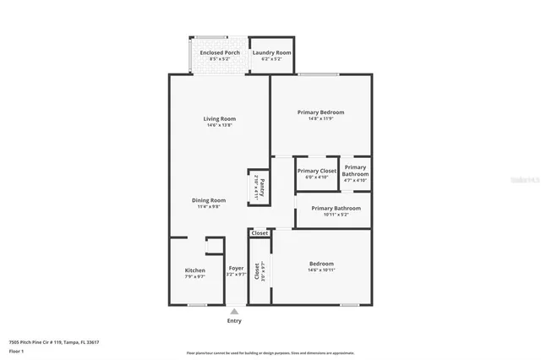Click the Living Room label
(219, 118)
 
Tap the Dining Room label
(211, 200)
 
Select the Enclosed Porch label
(219, 52)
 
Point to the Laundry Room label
(271, 52)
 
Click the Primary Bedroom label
(320, 112)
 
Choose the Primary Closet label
(317, 171)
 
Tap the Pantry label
(262, 185)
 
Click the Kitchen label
(195, 270)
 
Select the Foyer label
(236, 268)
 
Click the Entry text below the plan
(234, 321)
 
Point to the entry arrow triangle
(234, 311)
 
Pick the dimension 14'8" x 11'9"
(320, 118)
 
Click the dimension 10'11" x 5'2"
(336, 215)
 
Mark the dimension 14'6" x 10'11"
(320, 270)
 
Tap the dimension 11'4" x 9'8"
(211, 207)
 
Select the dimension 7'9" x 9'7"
(195, 277)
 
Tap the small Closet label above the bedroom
(260, 232)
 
